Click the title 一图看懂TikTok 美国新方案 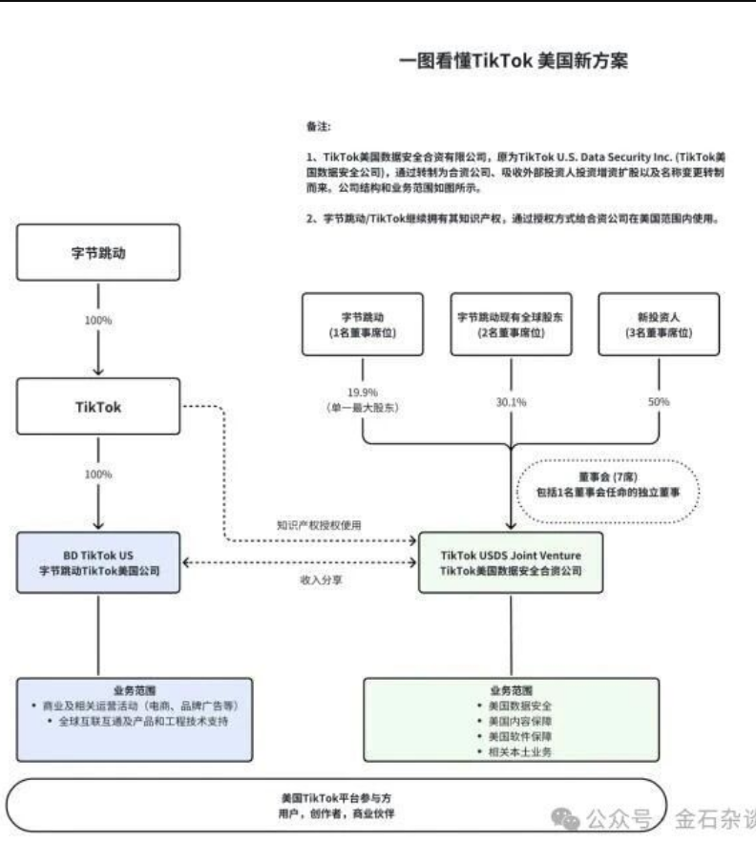pos(513,61)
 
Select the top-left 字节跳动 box pos(98,252)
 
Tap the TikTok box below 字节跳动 pos(98,407)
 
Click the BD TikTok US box pos(98,562)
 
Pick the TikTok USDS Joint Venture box pos(510,562)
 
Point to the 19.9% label pos(363,391)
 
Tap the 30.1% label pos(511,402)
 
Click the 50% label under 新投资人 pos(659,402)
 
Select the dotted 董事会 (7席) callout pos(607,491)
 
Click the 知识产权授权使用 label pos(320,525)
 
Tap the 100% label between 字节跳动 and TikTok pos(97,321)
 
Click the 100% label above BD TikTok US pos(97,475)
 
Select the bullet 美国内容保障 pos(512,721)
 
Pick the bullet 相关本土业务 pos(512,752)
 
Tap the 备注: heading pos(319,125)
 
